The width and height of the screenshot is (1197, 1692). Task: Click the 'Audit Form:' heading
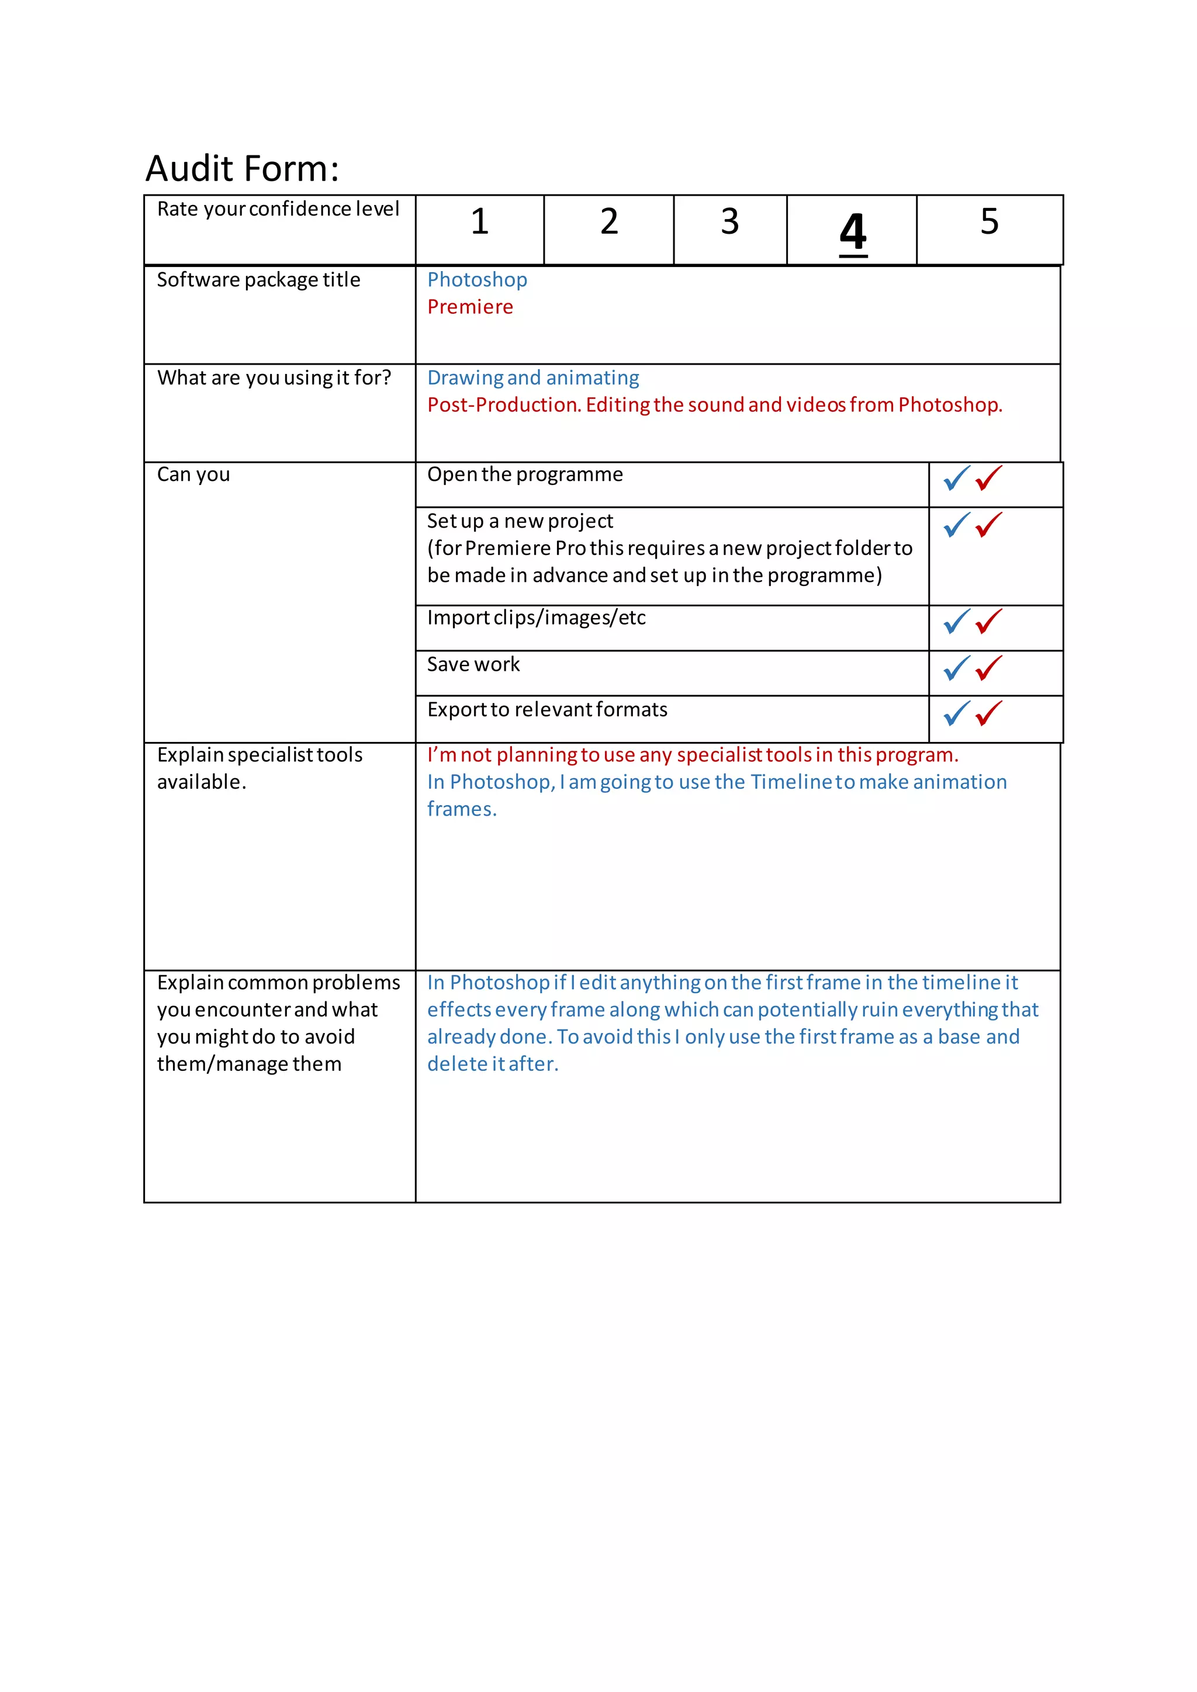pyautogui.click(x=243, y=169)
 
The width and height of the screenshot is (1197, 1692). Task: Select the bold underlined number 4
pyautogui.click(x=853, y=232)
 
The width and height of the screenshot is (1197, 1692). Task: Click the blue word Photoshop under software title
pyautogui.click(x=477, y=280)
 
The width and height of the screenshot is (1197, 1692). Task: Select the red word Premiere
pyautogui.click(x=471, y=307)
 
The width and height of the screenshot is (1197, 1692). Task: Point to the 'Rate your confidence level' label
pyautogui.click(x=278, y=209)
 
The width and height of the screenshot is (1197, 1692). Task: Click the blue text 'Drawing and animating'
pyautogui.click(x=533, y=378)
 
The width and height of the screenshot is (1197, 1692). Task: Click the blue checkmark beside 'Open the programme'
pyautogui.click(x=956, y=479)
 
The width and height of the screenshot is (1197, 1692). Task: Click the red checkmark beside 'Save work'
pyautogui.click(x=988, y=668)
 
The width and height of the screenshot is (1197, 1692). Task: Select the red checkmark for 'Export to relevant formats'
pyautogui.click(x=988, y=713)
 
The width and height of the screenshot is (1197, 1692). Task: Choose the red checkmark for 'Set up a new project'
pyautogui.click(x=988, y=525)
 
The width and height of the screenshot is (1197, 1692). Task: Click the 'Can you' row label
pyautogui.click(x=193, y=474)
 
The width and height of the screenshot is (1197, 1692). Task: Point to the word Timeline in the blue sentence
pyautogui.click(x=791, y=782)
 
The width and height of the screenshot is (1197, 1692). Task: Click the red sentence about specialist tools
pyautogui.click(x=692, y=755)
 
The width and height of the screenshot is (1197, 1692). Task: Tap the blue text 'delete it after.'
pyautogui.click(x=492, y=1064)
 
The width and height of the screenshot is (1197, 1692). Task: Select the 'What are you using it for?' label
pyautogui.click(x=274, y=378)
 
